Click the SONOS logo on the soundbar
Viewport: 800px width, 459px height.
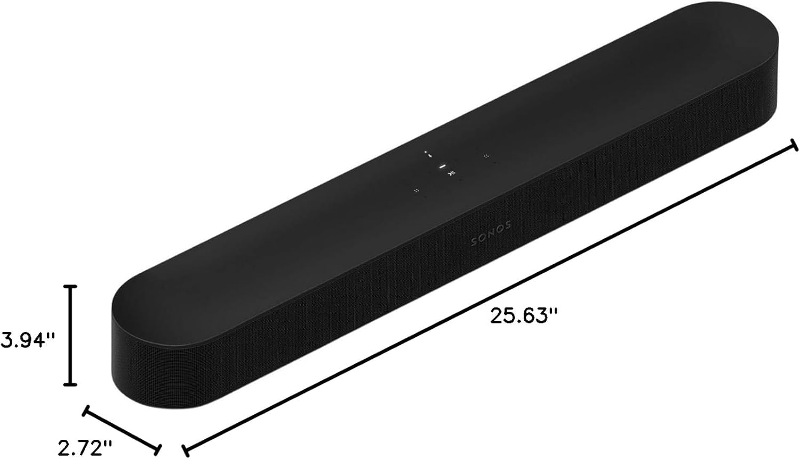coord(491,234)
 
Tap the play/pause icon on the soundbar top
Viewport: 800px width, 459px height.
coord(451,173)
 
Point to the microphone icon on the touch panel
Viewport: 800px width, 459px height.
coord(427,153)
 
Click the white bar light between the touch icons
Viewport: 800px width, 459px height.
coord(442,167)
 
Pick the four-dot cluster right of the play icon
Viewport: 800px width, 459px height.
coord(485,156)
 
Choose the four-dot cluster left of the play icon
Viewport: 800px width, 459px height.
coord(416,190)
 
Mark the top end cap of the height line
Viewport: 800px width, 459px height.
coord(70,287)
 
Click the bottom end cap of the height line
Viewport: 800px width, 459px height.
coord(70,384)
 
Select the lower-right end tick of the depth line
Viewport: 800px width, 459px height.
coord(158,447)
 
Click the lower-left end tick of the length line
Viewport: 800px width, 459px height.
coord(185,448)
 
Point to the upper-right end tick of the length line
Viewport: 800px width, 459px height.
coord(794,145)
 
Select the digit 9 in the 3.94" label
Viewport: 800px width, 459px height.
coord(22,339)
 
